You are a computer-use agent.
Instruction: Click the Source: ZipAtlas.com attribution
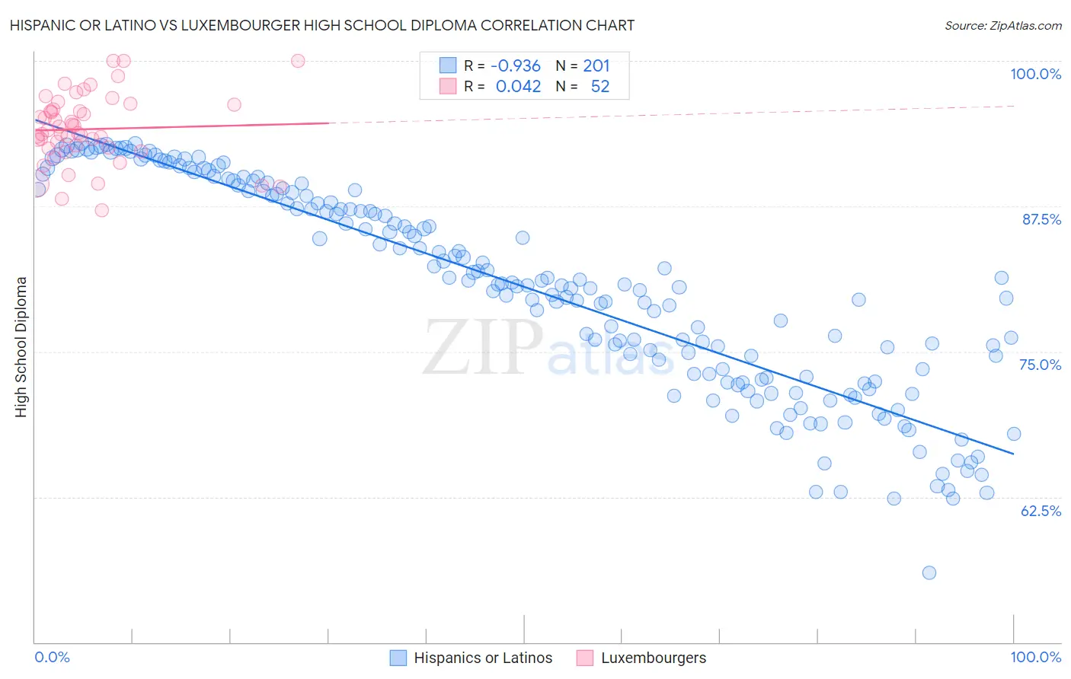point(1002,25)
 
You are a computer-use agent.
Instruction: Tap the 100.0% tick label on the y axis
point(1035,74)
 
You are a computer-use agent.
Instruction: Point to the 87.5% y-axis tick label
point(1041,219)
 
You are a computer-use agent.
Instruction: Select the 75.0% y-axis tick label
point(1040,365)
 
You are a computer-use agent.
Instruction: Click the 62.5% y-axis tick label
point(1041,511)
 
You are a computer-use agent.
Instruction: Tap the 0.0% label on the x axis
point(52,657)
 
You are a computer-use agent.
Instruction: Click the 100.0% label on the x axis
point(1035,657)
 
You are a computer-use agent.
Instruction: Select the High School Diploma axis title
point(21,346)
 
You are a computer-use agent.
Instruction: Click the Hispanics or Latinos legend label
point(483,658)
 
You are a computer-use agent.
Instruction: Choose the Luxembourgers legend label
point(654,658)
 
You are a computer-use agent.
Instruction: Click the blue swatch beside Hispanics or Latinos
point(398,658)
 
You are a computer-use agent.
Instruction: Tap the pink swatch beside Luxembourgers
point(585,658)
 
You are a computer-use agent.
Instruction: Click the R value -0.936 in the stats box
point(516,65)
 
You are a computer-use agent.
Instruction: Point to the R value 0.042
point(518,86)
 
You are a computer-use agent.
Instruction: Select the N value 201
point(596,65)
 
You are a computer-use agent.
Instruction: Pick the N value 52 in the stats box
point(600,86)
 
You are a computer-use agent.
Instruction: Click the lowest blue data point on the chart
point(929,572)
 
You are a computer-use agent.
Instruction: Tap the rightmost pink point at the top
point(298,61)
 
